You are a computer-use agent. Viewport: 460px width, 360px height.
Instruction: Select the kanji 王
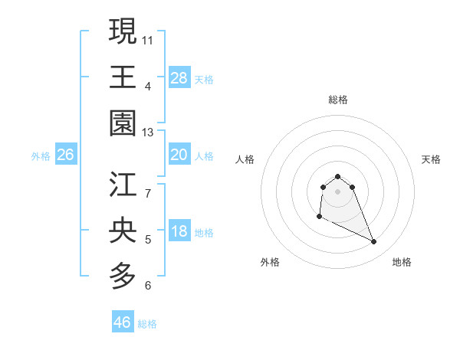(x=123, y=77)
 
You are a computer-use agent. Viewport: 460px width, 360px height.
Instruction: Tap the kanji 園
(x=123, y=123)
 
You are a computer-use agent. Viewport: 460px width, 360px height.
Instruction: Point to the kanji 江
(x=123, y=185)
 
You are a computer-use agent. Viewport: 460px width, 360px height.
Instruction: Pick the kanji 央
(x=123, y=231)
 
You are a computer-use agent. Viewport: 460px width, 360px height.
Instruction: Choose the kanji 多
(x=123, y=277)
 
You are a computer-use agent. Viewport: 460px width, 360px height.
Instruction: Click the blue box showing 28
(x=179, y=78)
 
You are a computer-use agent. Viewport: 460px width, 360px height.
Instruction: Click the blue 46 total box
(x=123, y=322)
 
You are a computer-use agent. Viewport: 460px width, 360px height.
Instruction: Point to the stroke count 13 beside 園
(x=148, y=133)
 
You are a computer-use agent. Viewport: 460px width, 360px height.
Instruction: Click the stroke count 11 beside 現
(x=148, y=39)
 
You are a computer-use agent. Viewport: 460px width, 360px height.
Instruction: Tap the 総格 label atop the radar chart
(x=337, y=100)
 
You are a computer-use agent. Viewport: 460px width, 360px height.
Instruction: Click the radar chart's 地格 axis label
(x=402, y=262)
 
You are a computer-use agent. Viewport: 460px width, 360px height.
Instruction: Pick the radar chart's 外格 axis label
(x=270, y=262)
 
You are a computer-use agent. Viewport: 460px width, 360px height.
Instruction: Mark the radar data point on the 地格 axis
(x=374, y=242)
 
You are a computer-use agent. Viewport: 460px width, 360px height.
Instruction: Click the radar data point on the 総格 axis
(x=337, y=175)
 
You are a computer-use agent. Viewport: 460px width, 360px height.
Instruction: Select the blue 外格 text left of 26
(x=41, y=156)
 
